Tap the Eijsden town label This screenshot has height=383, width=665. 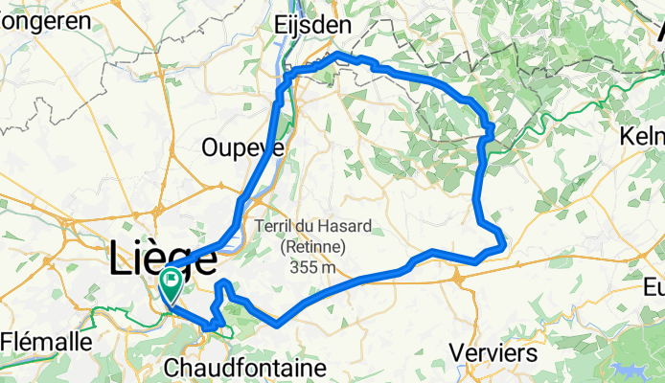click(x=312, y=24)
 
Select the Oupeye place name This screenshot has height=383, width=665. click(x=242, y=147)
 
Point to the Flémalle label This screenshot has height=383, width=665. click(x=47, y=340)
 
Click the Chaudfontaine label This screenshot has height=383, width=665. click(x=245, y=368)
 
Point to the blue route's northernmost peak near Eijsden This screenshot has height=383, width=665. click(x=335, y=56)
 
